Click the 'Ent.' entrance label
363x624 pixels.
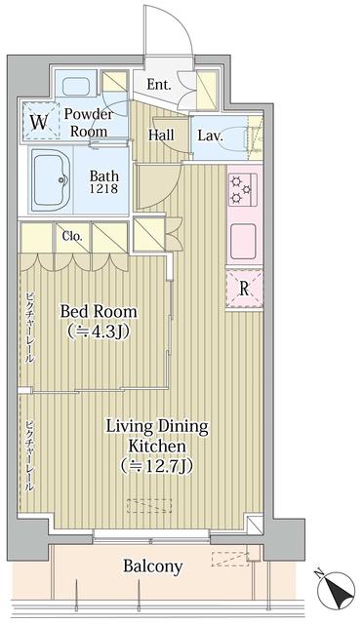[x=159, y=85]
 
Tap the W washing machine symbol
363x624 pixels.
[x=40, y=121]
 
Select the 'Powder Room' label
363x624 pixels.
[x=89, y=123]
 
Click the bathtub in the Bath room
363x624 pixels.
[x=52, y=179]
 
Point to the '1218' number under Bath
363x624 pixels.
[x=103, y=188]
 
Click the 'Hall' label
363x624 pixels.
[x=161, y=135]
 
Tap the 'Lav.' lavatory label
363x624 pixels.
[x=210, y=136]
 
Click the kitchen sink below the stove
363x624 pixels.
[x=243, y=241]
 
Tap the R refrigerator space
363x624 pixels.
[x=244, y=289]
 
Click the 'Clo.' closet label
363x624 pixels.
[x=72, y=236]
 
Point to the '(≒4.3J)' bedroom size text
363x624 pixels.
[x=99, y=331]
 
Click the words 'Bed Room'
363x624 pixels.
[x=99, y=311]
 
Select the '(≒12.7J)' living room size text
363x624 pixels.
[x=157, y=465]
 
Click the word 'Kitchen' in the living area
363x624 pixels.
[x=157, y=446]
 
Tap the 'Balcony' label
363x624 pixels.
[x=152, y=565]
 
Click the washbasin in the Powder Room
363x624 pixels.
[x=76, y=85]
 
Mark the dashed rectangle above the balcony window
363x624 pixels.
[x=149, y=505]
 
